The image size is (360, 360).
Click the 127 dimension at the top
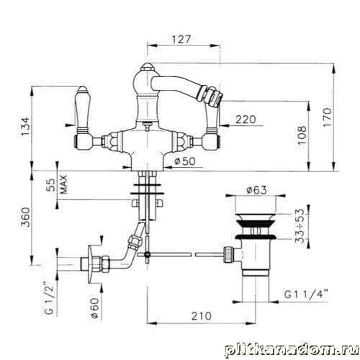(181, 39)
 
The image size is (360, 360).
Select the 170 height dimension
(328, 117)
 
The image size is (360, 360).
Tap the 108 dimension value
(302, 135)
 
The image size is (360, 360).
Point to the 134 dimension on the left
(25, 127)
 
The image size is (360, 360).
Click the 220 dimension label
(246, 120)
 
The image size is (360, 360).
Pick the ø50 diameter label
(185, 161)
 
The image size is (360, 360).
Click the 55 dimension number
(50, 185)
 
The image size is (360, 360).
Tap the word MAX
(63, 184)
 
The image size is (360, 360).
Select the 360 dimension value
(25, 217)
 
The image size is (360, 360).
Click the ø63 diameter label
(256, 190)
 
